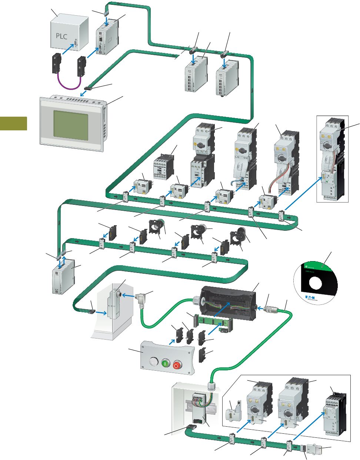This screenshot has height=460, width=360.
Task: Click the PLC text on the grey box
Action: (61, 36)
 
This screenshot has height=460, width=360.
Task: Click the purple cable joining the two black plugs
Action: (69, 87)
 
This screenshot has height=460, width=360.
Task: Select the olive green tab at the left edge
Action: (13, 123)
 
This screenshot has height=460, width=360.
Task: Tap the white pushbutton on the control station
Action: (152, 361)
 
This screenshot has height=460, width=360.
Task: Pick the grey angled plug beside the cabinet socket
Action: (141, 297)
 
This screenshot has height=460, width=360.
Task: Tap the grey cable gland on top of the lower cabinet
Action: (212, 387)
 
